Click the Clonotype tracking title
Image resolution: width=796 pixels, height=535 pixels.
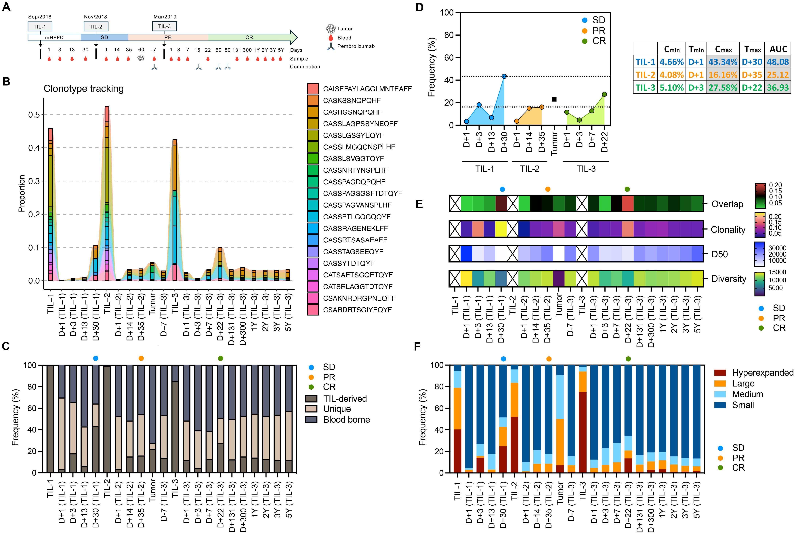[84, 89]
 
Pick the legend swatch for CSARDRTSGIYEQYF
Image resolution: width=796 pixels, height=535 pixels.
[313, 310]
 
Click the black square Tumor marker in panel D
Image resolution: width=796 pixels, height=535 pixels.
[554, 99]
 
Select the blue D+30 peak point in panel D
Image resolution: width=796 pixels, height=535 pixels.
[504, 76]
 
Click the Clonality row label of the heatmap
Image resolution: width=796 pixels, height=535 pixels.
[728, 230]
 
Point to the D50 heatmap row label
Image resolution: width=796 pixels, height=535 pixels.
[720, 254]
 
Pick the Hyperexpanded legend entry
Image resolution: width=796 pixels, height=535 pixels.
[763, 373]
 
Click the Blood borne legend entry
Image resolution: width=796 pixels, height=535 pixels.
[346, 420]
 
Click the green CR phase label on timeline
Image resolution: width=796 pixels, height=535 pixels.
[249, 37]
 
